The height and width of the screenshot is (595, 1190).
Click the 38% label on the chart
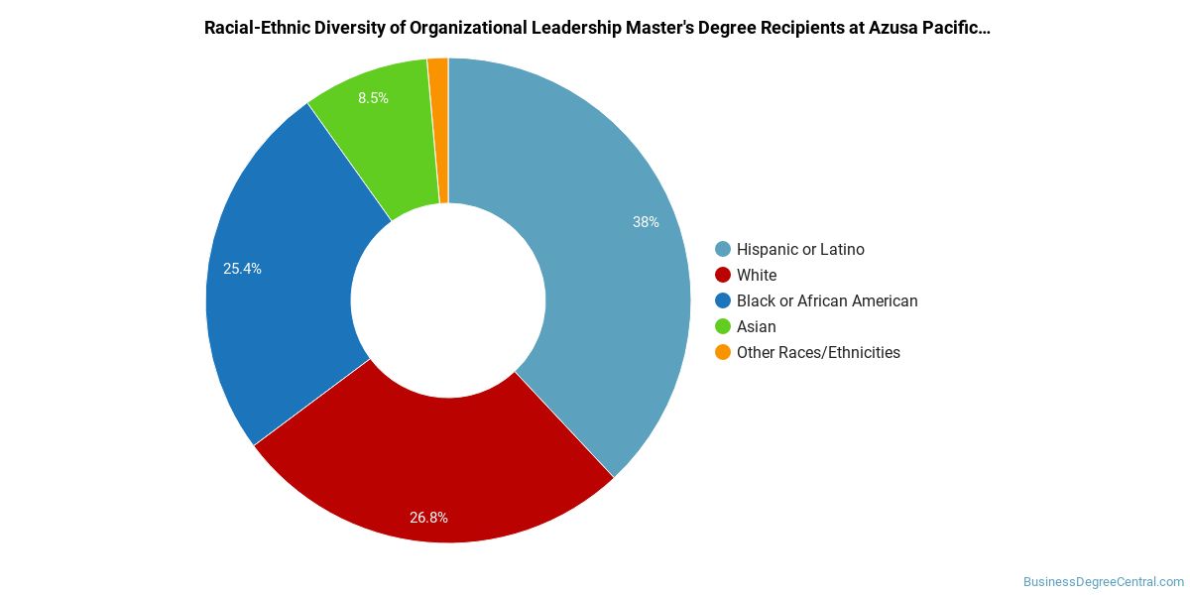coord(646,222)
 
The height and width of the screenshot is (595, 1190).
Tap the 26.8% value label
coord(428,518)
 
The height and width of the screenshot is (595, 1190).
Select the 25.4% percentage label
coord(242,269)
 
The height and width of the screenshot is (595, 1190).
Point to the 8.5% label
coord(373,98)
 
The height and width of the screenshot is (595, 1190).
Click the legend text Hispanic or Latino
coord(800,249)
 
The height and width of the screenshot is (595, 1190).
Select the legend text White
coord(757,276)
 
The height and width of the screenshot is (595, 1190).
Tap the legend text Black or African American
coord(827,301)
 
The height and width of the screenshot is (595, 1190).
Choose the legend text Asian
coord(756,326)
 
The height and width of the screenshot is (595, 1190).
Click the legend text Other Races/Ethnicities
coord(818,353)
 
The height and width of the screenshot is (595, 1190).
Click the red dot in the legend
coord(723,276)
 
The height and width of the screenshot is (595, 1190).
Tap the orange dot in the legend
coord(723,352)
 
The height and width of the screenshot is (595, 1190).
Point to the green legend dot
coord(723,326)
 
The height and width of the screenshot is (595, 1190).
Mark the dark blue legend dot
coord(723,300)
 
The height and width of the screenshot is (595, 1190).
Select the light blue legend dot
coord(723,249)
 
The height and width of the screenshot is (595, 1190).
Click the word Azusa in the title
coord(893,28)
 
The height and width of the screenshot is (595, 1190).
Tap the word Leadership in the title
coord(576,29)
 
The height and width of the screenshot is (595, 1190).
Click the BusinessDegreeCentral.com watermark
coord(1104,582)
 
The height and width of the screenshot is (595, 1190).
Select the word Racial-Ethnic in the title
coord(256,28)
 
